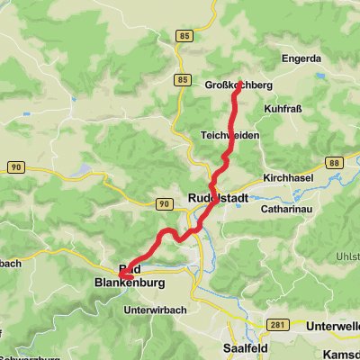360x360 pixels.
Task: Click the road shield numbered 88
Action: point(334,162)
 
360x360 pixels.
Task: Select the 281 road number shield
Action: point(277,325)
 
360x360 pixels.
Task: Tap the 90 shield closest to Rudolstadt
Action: point(163,204)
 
